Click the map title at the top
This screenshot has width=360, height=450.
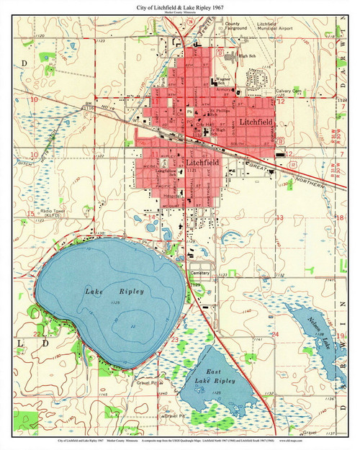pos(180,6)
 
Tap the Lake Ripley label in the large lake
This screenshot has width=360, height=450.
pos(115,292)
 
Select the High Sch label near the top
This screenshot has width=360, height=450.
pos(248,56)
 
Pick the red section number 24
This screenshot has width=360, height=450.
pos(275,334)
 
